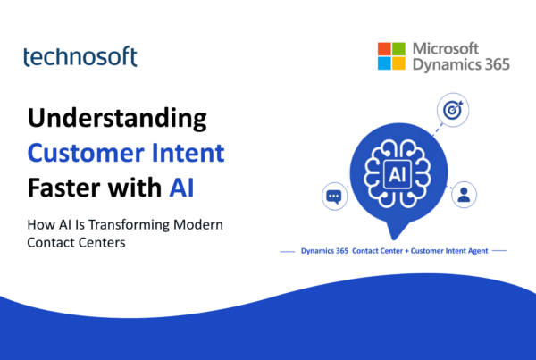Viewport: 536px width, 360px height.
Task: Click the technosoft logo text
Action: click(x=80, y=56)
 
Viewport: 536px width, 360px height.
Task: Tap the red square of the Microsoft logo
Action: click(x=384, y=49)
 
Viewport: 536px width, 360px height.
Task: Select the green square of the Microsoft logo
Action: click(x=398, y=49)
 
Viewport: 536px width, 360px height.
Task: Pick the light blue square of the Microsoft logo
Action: click(x=384, y=63)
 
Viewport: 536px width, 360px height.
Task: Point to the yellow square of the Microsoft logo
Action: click(x=398, y=63)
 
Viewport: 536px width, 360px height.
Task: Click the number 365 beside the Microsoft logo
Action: click(x=497, y=64)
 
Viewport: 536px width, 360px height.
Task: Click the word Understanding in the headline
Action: click(x=117, y=119)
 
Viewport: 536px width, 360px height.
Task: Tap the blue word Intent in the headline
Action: click(x=188, y=153)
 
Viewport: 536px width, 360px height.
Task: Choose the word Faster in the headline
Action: click(x=64, y=188)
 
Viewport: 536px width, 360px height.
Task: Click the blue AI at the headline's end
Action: click(x=181, y=188)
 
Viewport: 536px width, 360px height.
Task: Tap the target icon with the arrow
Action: click(x=453, y=110)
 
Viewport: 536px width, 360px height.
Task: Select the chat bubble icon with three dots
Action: click(x=335, y=197)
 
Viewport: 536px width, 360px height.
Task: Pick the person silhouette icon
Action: click(x=464, y=195)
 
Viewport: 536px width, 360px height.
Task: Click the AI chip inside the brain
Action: click(x=398, y=174)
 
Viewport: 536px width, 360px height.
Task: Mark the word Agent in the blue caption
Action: click(x=478, y=251)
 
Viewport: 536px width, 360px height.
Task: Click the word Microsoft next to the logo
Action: click(x=446, y=48)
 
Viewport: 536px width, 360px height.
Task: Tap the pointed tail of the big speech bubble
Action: click(x=394, y=239)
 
